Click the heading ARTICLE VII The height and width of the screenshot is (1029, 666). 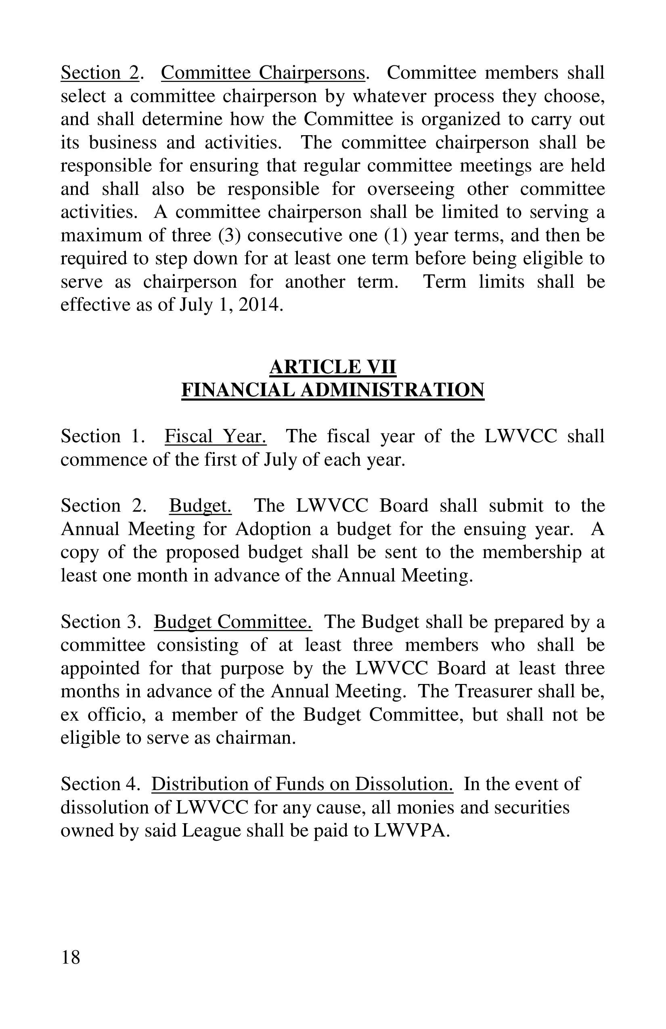point(333,367)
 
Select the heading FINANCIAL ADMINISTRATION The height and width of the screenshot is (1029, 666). point(333,389)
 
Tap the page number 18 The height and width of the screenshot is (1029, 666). point(71,957)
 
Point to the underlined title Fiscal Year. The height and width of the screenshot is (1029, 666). point(216,436)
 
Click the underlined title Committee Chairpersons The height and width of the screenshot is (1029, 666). point(263,73)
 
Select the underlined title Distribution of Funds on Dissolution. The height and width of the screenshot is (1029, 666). point(302,784)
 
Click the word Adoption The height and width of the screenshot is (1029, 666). point(273,529)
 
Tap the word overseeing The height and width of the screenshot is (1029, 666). point(411,189)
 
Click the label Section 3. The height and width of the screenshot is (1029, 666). point(101,622)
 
